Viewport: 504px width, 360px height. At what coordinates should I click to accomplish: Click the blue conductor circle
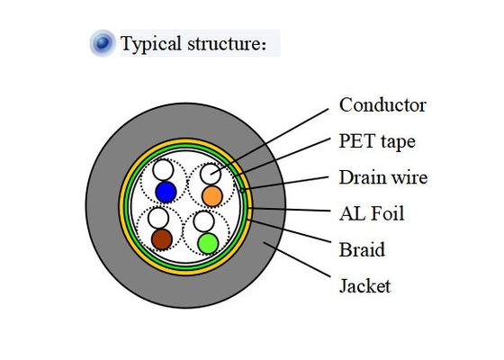[x=166, y=191]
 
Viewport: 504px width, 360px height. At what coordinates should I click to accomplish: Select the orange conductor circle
[x=211, y=195]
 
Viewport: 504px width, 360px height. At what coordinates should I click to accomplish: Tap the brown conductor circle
[x=161, y=238]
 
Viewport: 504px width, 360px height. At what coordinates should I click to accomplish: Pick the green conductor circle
[x=208, y=242]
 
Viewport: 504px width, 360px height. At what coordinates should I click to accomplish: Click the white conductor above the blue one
[x=163, y=169]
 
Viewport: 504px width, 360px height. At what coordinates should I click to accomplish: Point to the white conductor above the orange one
[x=211, y=174]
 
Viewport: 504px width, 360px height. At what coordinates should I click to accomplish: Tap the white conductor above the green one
[x=204, y=221]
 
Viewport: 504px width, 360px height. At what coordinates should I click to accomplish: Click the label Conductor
[x=382, y=105]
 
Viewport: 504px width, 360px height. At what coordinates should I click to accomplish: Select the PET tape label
[x=377, y=141]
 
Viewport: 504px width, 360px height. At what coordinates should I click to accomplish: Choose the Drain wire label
[x=382, y=177]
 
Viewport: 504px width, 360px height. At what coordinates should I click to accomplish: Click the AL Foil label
[x=372, y=213]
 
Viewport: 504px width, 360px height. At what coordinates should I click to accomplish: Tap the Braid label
[x=362, y=249]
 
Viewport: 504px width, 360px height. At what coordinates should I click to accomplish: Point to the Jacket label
[x=364, y=286]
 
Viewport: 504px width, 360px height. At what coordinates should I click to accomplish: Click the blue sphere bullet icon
[x=103, y=42]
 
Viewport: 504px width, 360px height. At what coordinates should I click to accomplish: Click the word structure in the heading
[x=226, y=43]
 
